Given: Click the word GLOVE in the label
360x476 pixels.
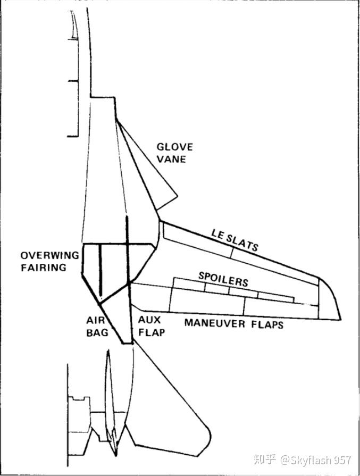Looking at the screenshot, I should coord(174,147).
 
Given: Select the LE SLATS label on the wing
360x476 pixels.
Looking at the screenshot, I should coord(235,240).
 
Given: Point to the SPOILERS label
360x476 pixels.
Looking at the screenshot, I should coord(223,278).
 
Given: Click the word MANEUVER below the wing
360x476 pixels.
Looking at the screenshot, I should coord(215,322).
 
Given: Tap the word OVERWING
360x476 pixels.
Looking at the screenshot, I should coord(50,255).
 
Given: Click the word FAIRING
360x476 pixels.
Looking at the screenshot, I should coord(44,268).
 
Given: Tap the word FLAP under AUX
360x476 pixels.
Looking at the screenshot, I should coord(152,333).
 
